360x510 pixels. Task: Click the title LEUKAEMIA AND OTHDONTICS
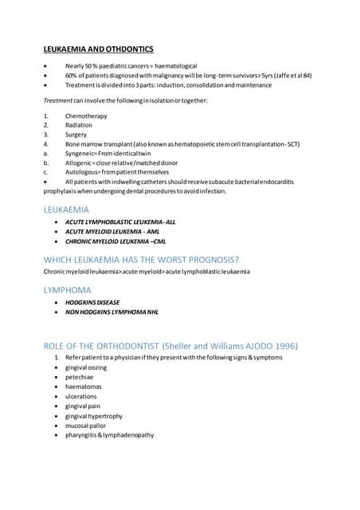[99, 49]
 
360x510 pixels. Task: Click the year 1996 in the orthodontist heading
[284, 346]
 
